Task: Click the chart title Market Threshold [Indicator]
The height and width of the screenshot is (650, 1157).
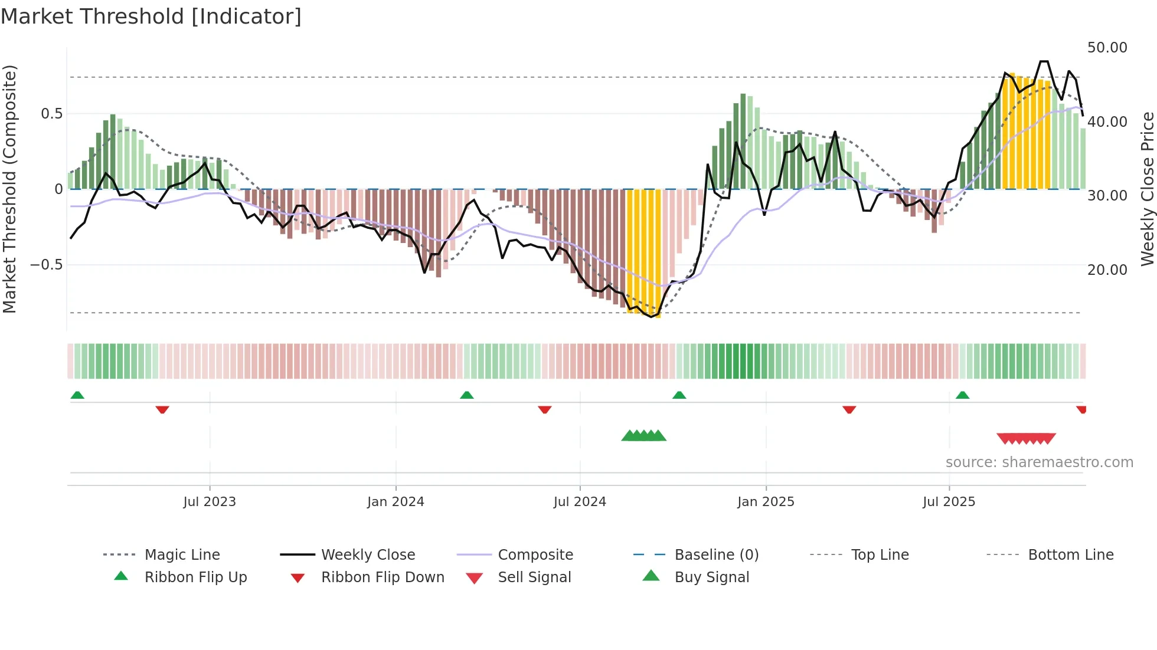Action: pos(151,17)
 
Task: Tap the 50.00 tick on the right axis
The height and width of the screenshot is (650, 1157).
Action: pos(1107,48)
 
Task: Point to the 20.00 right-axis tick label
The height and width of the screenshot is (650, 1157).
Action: pos(1107,270)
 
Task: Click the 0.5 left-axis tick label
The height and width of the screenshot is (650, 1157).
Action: pos(51,114)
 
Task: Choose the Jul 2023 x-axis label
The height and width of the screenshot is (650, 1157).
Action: pos(210,502)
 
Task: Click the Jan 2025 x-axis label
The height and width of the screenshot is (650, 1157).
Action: pos(766,502)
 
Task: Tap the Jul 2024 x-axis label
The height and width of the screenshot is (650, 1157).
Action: pos(580,502)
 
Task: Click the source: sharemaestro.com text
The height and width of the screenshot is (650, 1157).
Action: pos(1039,462)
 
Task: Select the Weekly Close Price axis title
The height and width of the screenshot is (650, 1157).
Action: pos(1147,189)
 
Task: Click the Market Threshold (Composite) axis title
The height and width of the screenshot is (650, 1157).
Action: pos(9,189)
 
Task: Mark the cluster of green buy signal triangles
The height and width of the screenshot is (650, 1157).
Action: pos(643,436)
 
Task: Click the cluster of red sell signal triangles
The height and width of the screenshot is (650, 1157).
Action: pos(1026,439)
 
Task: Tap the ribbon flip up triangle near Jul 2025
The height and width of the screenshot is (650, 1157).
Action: pos(962,395)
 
